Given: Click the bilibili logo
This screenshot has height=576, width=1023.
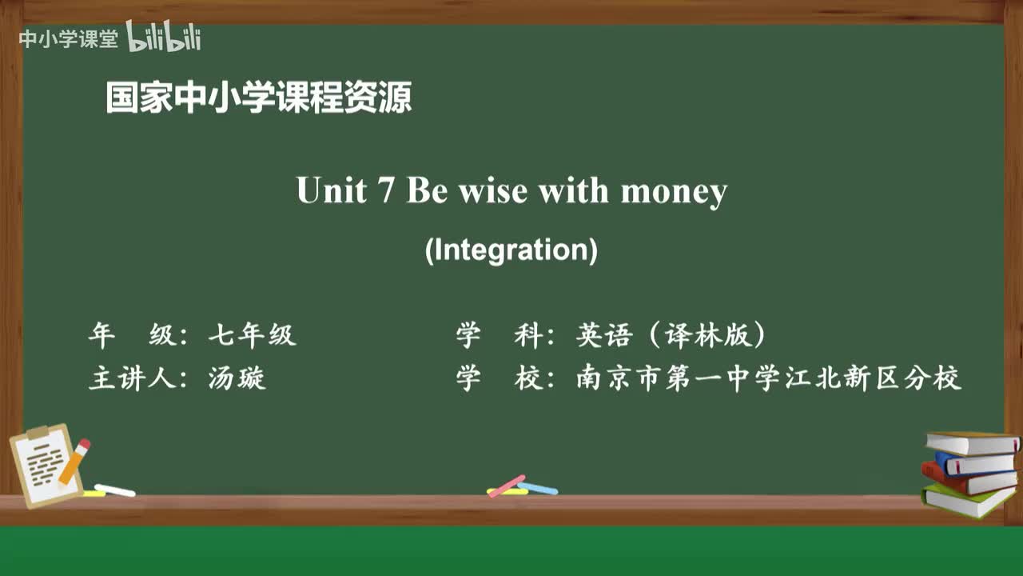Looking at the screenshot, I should point(163,38).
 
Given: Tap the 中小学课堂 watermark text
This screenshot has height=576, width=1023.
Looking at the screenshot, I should point(68,39).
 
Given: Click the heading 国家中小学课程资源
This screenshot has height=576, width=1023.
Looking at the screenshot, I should point(259,98).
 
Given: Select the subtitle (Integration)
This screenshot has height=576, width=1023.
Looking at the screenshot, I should point(511,250).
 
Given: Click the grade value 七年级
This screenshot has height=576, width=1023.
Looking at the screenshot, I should point(252,335).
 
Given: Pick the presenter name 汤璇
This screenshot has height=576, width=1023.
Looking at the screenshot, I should point(237,378).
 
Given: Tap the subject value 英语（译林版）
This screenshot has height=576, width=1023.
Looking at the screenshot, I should point(671,335).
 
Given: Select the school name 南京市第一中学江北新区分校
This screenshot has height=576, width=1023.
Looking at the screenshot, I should point(768,378).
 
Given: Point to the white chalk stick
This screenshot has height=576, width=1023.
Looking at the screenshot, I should point(115,490).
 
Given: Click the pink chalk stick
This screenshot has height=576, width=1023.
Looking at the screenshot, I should point(507,486).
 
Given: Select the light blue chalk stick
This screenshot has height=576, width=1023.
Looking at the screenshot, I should point(538,488).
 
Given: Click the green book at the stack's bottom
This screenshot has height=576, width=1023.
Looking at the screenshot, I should point(967,501).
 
